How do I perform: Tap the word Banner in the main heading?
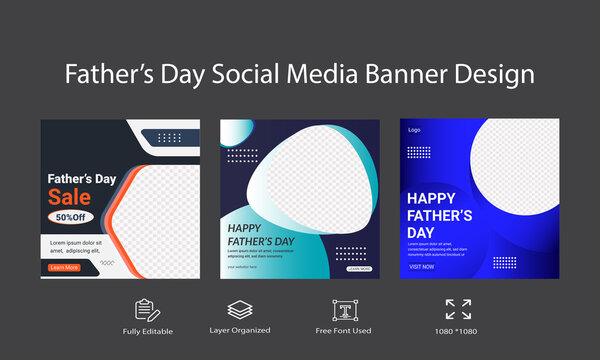pos(424,75)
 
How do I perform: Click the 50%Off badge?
pos(69,217)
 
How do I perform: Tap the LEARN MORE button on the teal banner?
pos(359,269)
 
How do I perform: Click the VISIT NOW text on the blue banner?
pos(421,266)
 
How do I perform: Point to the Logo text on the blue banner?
pos(414,130)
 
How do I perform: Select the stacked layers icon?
pos(238,310)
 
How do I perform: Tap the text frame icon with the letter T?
pos(343,310)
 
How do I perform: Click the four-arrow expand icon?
pos(458,310)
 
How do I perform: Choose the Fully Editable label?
pos(148,331)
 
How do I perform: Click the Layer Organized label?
pos(238,331)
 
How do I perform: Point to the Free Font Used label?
pos(344,331)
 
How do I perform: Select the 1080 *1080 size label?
pos(458,331)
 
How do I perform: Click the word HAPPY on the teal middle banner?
pos(245,227)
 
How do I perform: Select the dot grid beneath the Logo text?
pos(419,153)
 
